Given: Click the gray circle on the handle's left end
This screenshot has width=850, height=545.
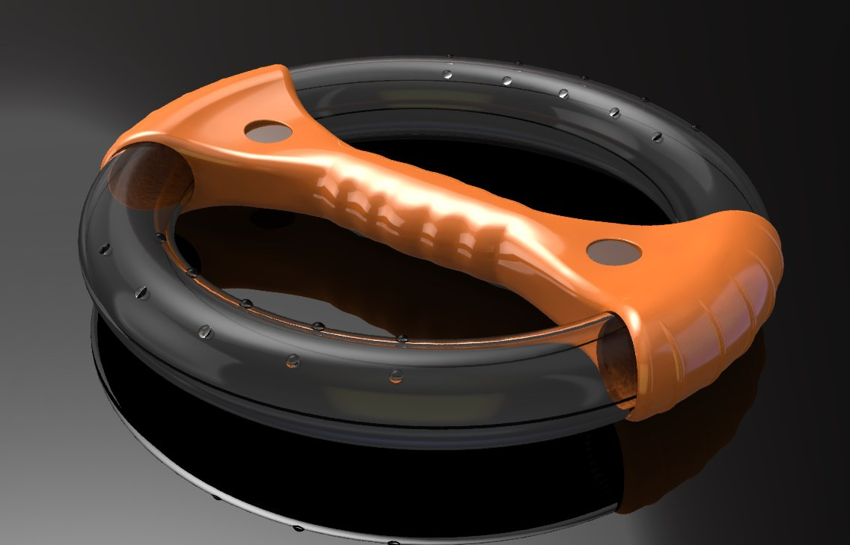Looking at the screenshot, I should pos(269,131).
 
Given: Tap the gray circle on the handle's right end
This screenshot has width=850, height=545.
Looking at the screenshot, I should pos(614,252).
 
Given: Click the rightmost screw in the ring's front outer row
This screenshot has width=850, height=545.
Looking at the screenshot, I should pos(395,375).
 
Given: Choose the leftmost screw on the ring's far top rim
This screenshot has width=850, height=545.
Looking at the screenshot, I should pos(447,75).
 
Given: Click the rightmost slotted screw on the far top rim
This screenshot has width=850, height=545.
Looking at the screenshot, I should pos(657,137).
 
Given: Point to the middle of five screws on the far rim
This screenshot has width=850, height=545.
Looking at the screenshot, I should pos(563,94).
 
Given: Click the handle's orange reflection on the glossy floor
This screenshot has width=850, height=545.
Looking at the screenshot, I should pos(658,456).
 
